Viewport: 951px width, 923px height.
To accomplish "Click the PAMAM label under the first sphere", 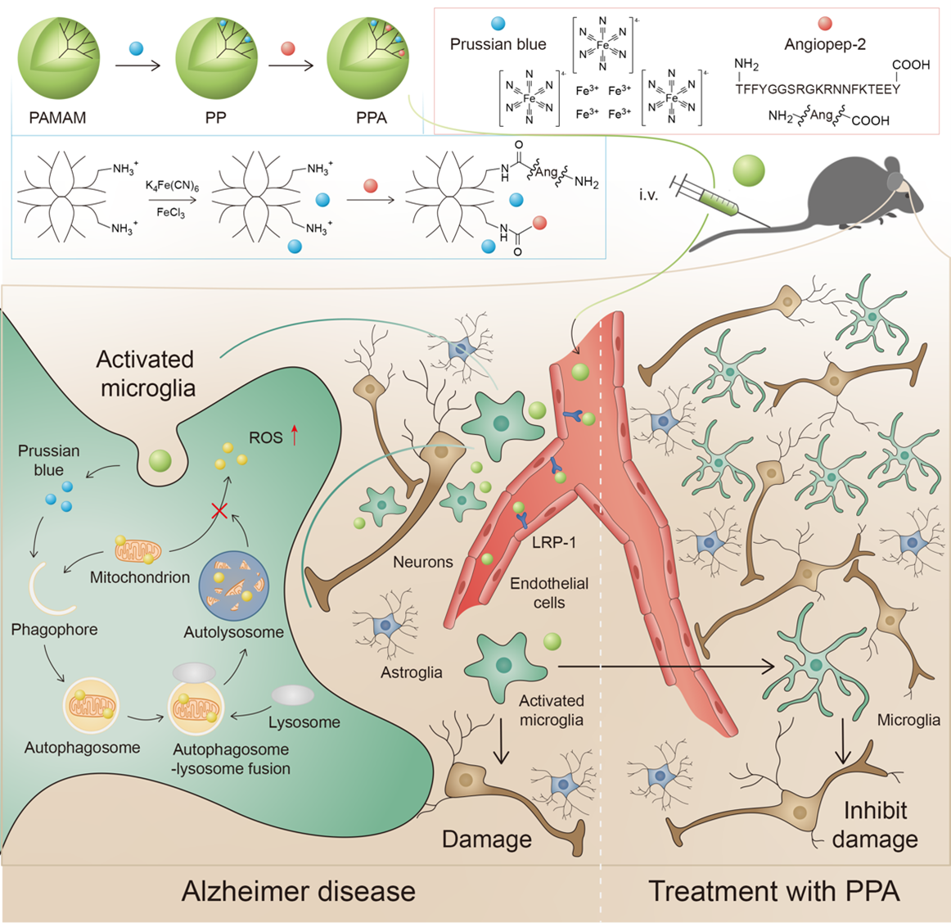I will tap(57, 118).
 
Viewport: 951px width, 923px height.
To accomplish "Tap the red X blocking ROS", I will tap(219, 511).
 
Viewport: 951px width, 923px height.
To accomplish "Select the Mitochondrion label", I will tap(140, 577).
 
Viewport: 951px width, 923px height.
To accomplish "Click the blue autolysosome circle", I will tap(233, 585).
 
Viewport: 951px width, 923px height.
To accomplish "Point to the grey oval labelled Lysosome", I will tap(292, 695).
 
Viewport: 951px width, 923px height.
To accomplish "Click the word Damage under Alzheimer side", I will tap(486, 839).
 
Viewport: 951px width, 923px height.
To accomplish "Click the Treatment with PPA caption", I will tap(774, 891).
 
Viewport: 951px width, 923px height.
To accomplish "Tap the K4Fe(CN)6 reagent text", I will tap(172, 187).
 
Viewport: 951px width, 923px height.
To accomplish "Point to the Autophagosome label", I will tap(82, 748).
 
